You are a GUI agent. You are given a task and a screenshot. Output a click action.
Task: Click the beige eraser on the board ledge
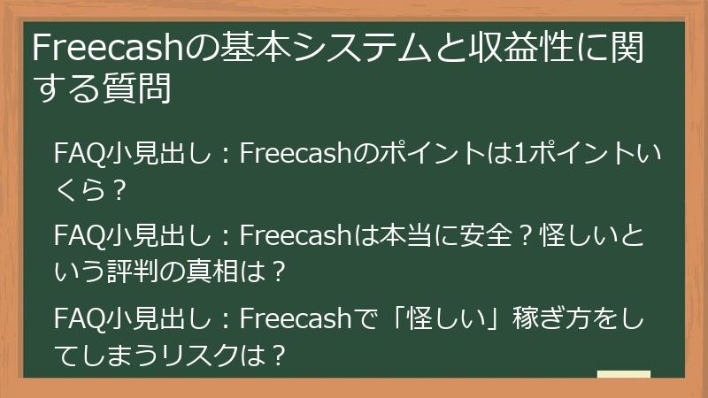coord(624,375)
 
